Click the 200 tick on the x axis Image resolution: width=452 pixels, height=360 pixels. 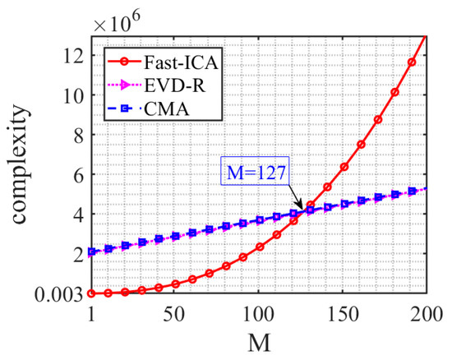(426, 312)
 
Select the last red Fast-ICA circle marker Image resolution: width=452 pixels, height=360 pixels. (412, 62)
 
